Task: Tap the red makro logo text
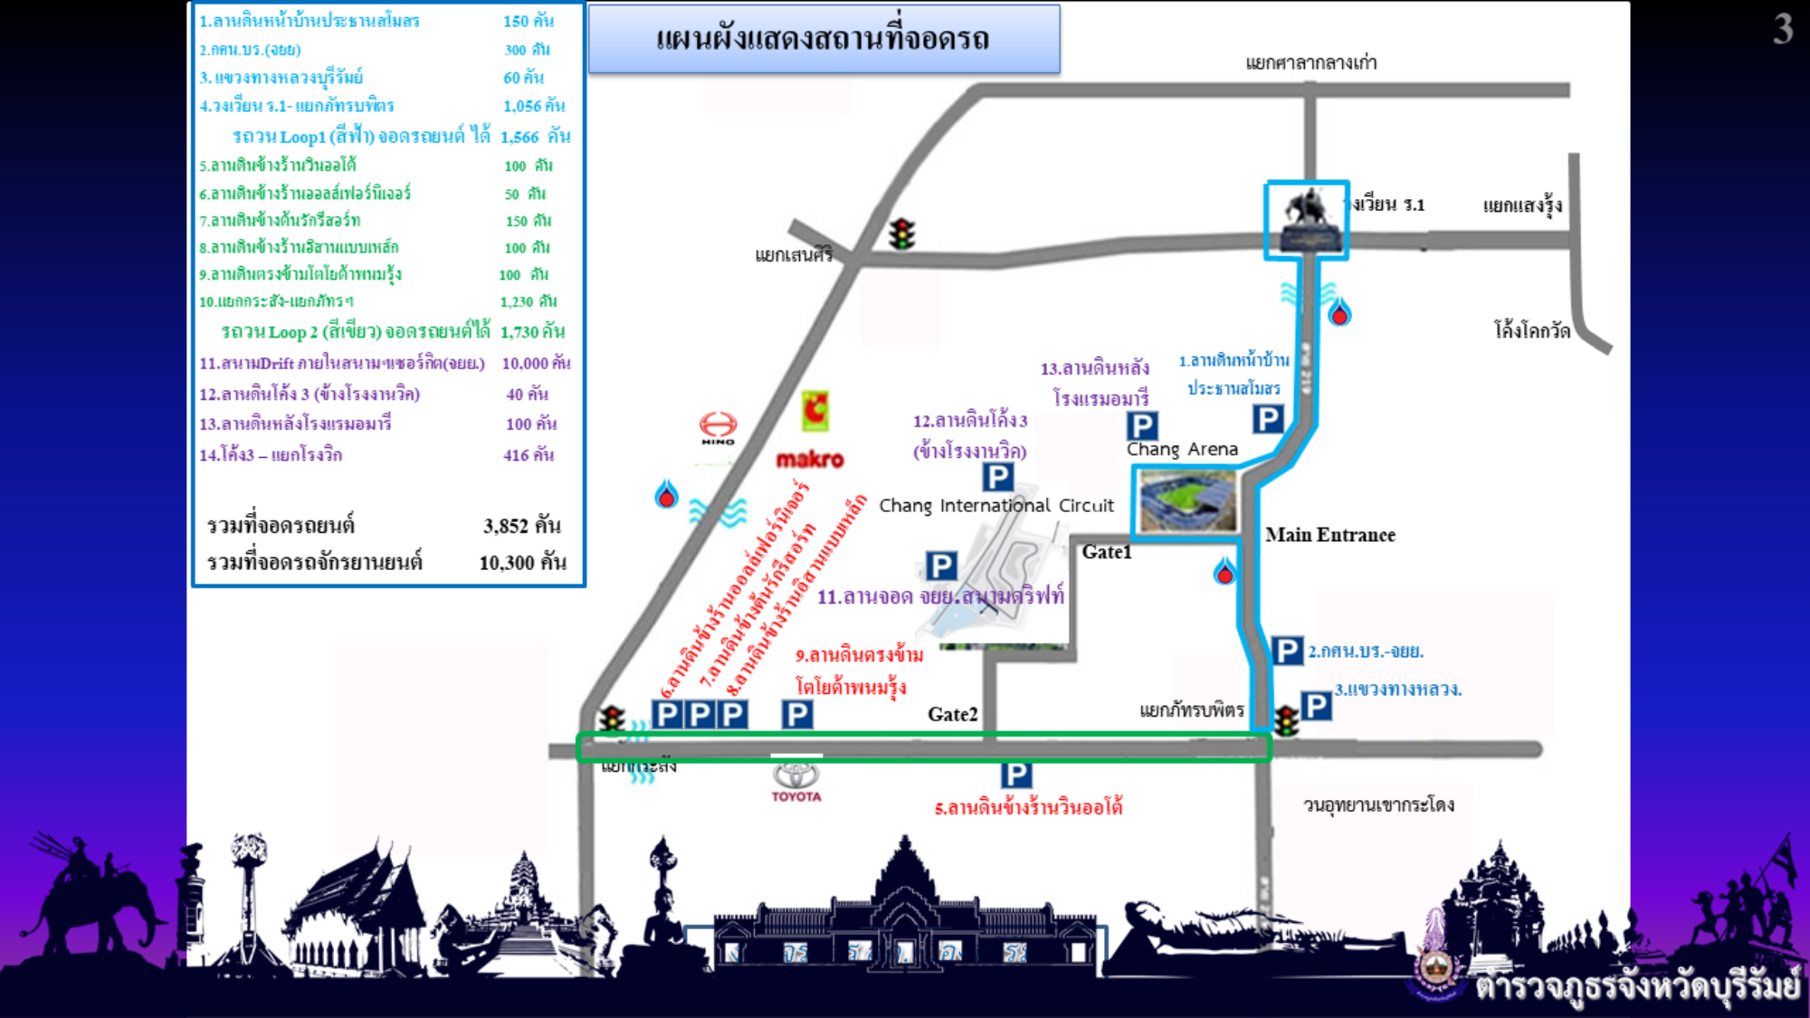810,460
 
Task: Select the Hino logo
718,426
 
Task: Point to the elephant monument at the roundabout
1306,218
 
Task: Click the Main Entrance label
1329,535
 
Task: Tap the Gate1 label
1106,552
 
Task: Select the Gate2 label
952,714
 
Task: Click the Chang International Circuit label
995,505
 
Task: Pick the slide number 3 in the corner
1782,29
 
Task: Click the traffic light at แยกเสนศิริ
901,233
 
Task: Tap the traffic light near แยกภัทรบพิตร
1286,721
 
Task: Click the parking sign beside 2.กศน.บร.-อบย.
1287,651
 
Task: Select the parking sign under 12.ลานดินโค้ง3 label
997,477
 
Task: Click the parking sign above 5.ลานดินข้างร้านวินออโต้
1015,775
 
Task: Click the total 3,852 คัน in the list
521,526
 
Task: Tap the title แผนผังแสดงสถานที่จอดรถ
823,39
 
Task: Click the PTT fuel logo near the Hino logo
667,494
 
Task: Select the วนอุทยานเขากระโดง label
1378,804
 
